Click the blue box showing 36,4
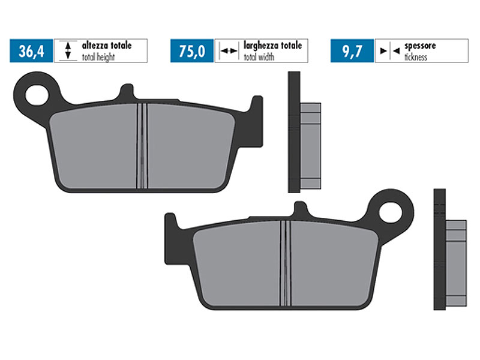click(31, 51)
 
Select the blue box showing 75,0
click(192, 51)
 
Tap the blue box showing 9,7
click(352, 51)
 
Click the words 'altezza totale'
click(107, 46)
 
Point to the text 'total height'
click(98, 57)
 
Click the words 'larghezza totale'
click(273, 46)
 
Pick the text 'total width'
click(259, 57)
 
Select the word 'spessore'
click(420, 46)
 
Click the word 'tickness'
click(416, 57)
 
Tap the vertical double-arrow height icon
click(68, 50)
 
